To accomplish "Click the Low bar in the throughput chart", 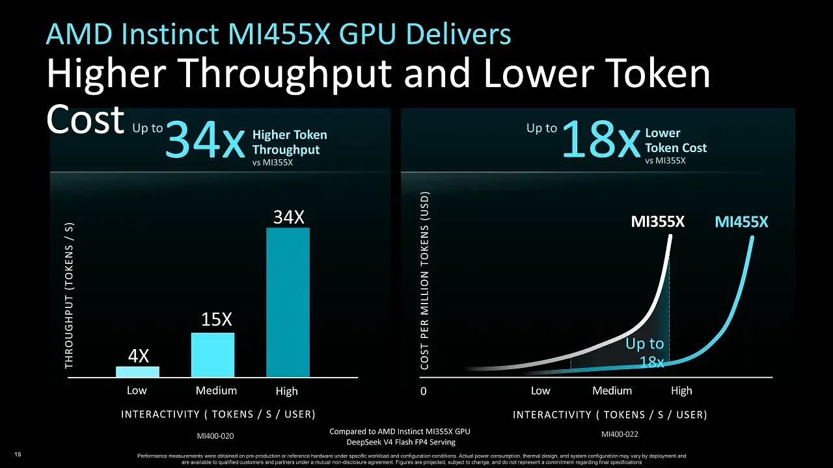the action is tap(137, 372).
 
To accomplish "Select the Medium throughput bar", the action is tap(213, 355).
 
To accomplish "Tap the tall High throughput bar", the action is tap(288, 302).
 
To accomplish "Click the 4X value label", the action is tap(139, 356).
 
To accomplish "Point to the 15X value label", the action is tap(217, 319).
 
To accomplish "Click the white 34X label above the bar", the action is tap(289, 217).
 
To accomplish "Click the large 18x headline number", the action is tap(601, 139).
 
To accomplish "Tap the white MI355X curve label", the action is tap(658, 222).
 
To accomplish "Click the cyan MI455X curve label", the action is tap(741, 222).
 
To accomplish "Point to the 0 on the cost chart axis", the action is tap(423, 391).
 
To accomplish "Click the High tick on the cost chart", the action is tap(681, 391).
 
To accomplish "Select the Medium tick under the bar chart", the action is tap(216, 391).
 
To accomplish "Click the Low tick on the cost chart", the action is tap(540, 391).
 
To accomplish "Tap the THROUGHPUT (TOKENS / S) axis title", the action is tap(69, 296).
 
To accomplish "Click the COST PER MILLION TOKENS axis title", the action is tap(425, 281).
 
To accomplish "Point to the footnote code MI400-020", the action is tap(215, 436).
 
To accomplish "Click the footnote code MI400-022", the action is tap(620, 434).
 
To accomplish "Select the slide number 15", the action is tap(18, 454).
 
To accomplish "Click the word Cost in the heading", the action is tap(85, 119).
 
